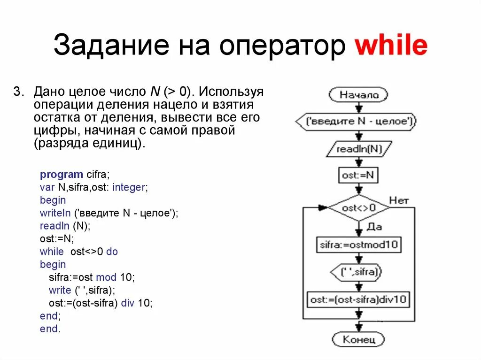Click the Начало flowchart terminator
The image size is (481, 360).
(359, 95)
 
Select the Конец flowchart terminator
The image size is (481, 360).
(358, 339)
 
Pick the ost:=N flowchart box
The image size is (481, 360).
(359, 176)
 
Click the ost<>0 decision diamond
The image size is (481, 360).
(359, 207)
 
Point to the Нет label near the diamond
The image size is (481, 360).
(399, 200)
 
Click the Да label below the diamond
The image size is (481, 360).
(374, 227)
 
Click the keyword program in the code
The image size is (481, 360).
(61, 175)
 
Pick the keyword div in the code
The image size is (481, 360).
(128, 303)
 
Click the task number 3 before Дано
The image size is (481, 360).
(17, 91)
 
